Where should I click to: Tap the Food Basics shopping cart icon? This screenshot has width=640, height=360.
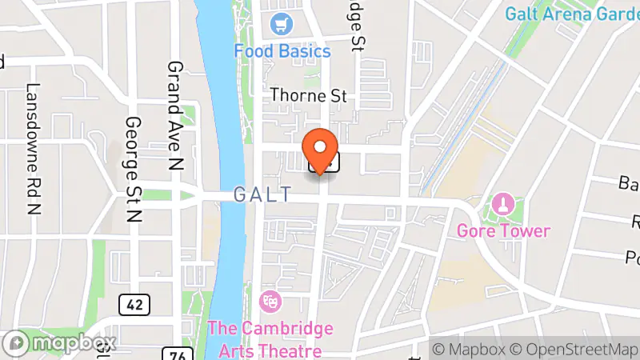click(x=282, y=24)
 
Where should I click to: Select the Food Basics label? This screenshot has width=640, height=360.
click(x=282, y=51)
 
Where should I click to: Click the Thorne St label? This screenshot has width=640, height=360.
click(x=308, y=95)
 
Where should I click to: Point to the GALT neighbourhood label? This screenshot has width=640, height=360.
click(x=262, y=194)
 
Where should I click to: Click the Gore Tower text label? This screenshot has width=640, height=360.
click(x=504, y=231)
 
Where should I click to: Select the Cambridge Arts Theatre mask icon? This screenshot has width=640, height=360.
click(x=271, y=301)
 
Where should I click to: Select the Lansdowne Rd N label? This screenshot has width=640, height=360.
click(x=33, y=138)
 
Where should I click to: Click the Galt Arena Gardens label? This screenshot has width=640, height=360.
click(x=571, y=14)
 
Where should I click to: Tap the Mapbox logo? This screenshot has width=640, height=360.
click(x=60, y=343)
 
